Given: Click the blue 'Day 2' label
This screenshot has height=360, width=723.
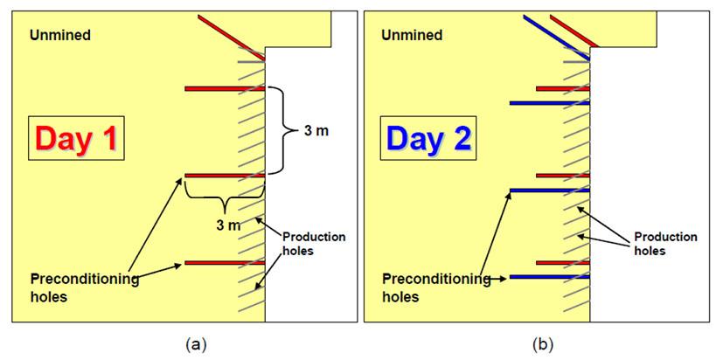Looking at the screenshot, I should [429, 137].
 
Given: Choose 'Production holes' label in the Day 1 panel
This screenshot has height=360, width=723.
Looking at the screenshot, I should [315, 244].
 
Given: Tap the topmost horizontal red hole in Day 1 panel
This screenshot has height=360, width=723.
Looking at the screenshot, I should [225, 88].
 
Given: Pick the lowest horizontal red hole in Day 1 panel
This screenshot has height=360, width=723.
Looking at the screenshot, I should [225, 262].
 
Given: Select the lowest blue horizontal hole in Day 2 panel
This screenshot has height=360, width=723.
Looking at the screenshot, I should [550, 277].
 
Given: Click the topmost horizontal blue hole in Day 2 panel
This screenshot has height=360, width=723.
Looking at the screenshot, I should [550, 103].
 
